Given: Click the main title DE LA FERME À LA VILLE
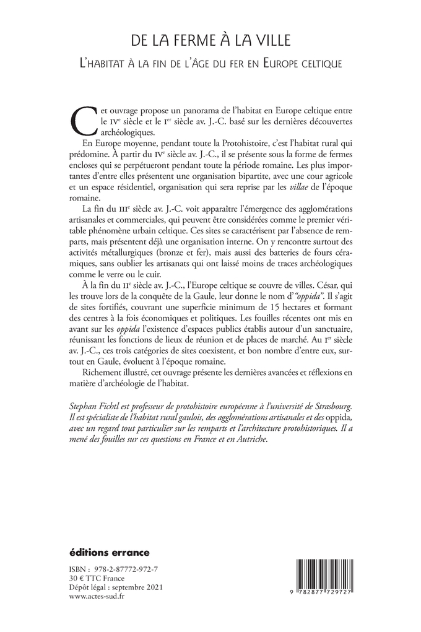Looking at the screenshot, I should click(211, 41).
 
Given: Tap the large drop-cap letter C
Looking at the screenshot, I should click(85, 118).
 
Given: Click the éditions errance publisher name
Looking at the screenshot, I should click(106, 551).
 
